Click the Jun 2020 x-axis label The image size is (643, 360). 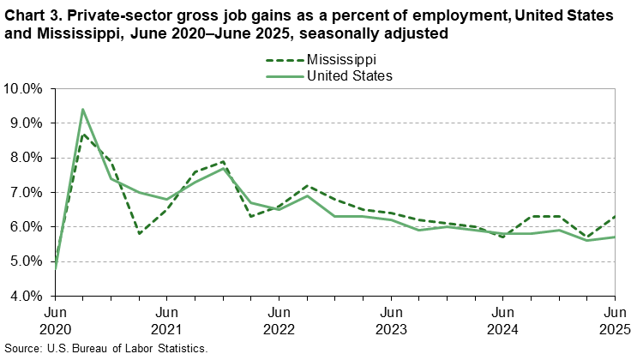coord(55,320)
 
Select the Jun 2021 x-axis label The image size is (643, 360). coord(166,320)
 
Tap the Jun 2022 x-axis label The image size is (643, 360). coord(279,320)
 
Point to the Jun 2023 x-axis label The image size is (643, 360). coord(390,320)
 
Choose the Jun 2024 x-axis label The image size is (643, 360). coord(502,320)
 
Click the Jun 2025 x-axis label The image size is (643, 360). coord(614,320)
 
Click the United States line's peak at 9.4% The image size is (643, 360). coord(83,110)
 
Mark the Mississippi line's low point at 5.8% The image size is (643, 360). coord(139,233)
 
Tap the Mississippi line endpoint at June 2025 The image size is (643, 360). coord(614,216)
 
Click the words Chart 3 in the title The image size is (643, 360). coord(33,16)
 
